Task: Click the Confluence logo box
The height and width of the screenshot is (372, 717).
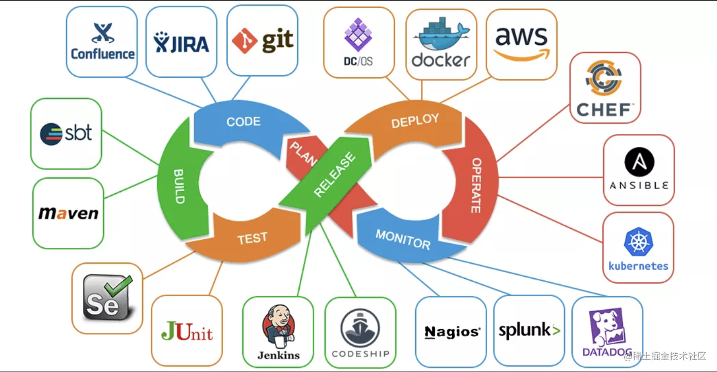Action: click(102, 42)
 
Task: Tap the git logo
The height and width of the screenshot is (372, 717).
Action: click(263, 41)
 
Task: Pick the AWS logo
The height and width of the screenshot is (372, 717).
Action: click(522, 44)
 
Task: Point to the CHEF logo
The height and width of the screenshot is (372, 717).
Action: click(605, 88)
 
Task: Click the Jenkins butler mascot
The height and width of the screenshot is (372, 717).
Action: click(278, 327)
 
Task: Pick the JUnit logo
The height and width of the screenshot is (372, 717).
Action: click(186, 331)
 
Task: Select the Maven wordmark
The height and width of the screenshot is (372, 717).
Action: click(68, 213)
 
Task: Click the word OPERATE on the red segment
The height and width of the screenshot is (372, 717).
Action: click(476, 185)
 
